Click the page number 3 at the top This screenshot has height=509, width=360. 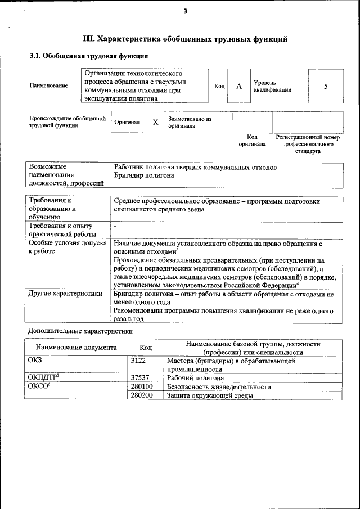(184, 12)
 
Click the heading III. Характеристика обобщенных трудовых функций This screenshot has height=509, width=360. (185, 39)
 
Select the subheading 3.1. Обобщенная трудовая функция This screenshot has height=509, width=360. (89, 56)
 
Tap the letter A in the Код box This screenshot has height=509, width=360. (238, 86)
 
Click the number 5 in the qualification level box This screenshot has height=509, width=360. (325, 86)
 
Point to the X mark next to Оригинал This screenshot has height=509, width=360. (155, 121)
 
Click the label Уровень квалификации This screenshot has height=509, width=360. (272, 86)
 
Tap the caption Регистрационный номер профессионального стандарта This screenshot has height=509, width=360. (307, 144)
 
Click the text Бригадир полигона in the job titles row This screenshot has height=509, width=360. (144, 175)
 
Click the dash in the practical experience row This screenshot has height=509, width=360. (115, 226)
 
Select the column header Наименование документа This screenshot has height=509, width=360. (76, 348)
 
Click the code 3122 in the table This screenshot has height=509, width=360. (138, 360)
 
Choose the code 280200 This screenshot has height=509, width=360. (142, 395)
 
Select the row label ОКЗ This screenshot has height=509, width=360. (35, 360)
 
